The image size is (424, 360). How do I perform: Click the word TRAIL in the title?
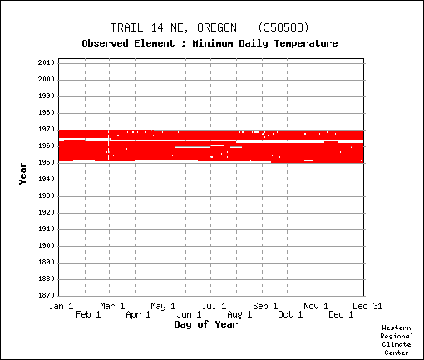click(127, 27)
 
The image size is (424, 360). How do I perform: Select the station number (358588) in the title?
click(283, 27)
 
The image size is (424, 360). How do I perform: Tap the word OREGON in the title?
click(217, 27)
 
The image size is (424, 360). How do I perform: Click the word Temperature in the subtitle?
click(306, 43)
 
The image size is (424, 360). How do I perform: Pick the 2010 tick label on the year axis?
click(47, 62)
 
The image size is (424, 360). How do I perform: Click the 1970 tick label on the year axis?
click(47, 129)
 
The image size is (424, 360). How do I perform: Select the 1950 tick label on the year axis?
click(47, 162)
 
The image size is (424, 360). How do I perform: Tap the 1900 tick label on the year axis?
click(47, 245)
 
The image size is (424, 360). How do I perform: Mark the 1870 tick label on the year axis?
click(47, 295)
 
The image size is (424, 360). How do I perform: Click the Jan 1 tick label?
click(61, 306)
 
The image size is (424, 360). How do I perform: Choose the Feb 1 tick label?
click(88, 314)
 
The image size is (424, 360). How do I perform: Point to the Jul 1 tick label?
click(214, 306)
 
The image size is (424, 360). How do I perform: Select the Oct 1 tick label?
click(290, 314)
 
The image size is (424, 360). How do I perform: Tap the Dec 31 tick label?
click(367, 306)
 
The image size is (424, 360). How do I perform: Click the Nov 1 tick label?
click(316, 306)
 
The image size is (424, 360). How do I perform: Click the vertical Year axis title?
click(22, 174)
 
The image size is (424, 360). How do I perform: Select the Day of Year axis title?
click(206, 324)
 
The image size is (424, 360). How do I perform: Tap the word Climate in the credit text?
click(397, 344)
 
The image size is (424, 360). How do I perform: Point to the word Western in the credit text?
click(397, 328)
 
